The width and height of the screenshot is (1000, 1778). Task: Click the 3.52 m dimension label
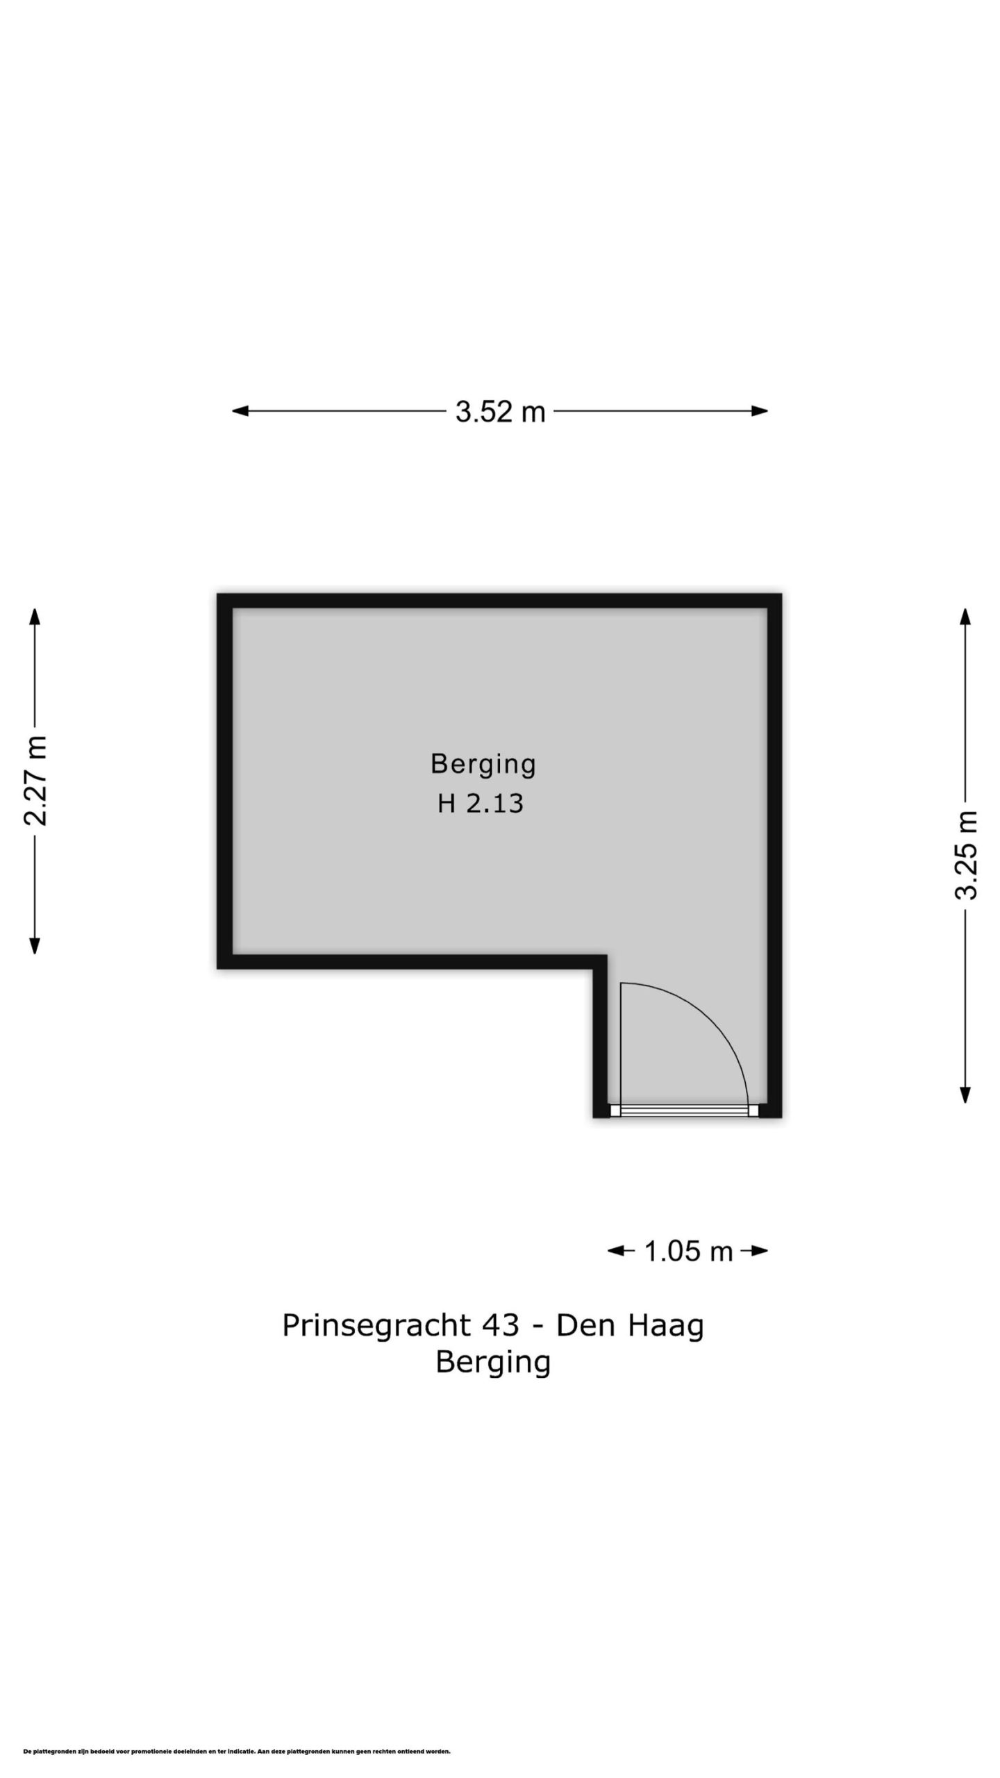(x=500, y=412)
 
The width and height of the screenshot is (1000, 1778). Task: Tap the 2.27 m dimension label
(x=35, y=781)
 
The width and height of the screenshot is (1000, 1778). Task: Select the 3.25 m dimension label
(x=965, y=855)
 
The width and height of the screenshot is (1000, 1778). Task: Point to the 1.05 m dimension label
(x=688, y=1252)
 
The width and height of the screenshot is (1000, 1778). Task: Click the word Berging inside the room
(x=483, y=765)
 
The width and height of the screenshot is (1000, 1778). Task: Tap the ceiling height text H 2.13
(x=480, y=804)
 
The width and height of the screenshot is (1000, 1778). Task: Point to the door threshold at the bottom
(x=684, y=1111)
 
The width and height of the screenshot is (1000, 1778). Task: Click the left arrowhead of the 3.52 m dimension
(x=240, y=411)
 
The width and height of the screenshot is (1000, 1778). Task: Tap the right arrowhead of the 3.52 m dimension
(x=760, y=411)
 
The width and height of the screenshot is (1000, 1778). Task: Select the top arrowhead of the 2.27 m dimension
(x=35, y=616)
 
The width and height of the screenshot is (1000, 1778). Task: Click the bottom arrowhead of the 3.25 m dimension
(x=965, y=1095)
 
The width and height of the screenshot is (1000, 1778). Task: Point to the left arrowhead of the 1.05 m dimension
(x=616, y=1252)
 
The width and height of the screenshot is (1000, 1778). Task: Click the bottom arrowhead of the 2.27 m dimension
(x=35, y=946)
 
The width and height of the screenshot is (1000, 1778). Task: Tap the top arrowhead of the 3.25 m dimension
(x=965, y=616)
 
